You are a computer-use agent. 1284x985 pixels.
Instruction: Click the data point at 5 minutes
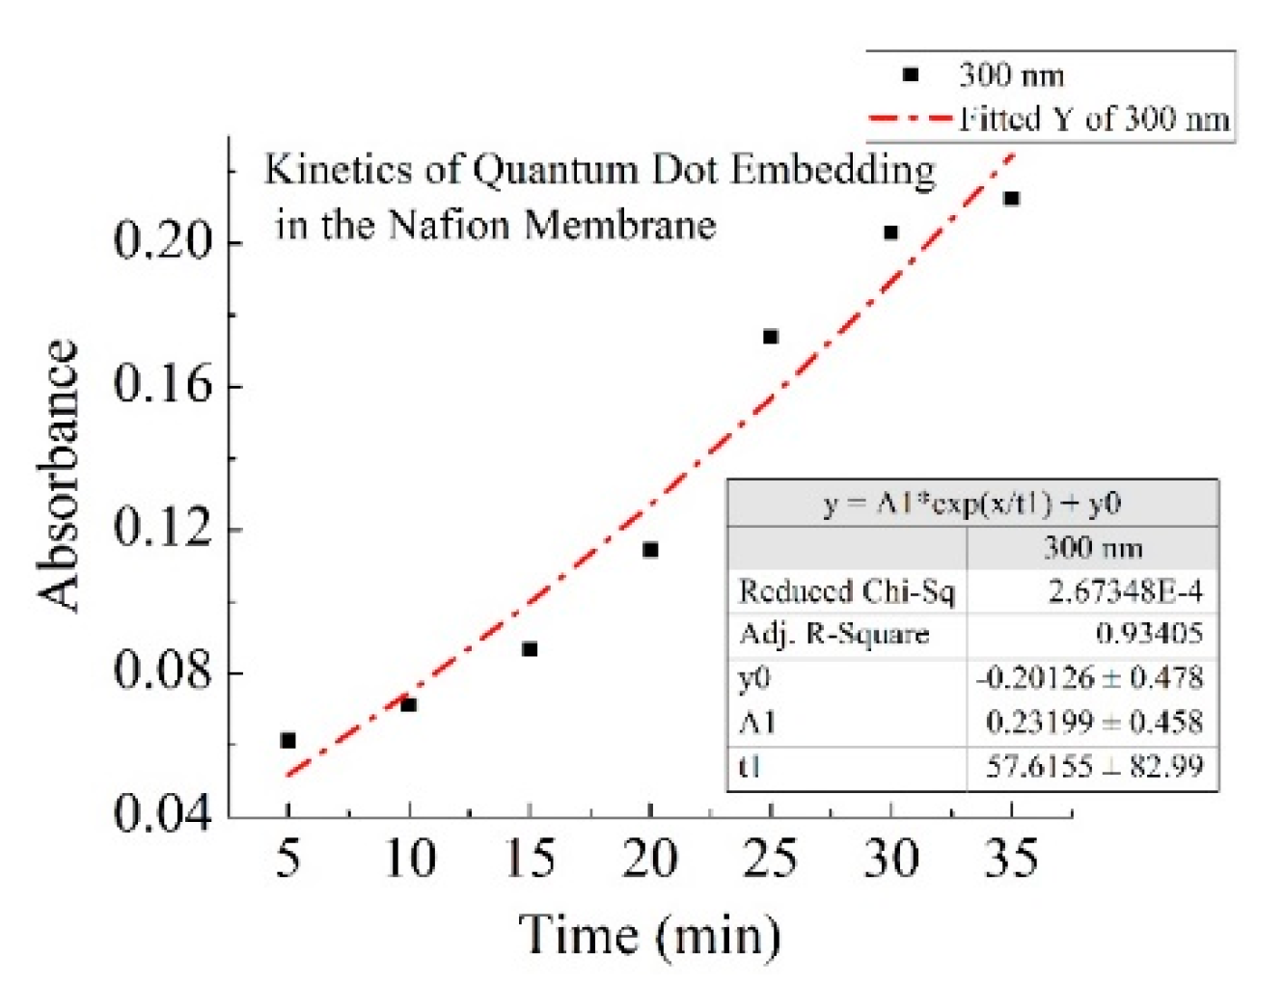[287, 740]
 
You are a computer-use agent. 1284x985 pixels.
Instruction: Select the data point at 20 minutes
[650, 550]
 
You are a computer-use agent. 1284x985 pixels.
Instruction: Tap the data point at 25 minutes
[771, 337]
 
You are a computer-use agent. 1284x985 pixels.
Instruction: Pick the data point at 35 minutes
[1011, 199]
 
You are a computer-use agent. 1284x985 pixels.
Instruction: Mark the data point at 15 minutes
[530, 649]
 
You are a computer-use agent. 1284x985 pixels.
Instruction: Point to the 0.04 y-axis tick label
[162, 812]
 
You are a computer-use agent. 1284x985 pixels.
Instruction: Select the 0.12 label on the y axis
[162, 528]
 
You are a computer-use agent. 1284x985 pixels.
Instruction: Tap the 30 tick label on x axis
[890, 858]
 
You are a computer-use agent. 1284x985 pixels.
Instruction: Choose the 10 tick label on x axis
[409, 858]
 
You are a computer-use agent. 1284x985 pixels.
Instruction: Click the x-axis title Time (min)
[650, 935]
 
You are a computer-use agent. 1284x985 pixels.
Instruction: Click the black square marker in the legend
[910, 75]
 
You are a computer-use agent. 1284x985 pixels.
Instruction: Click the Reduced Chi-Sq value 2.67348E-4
[1126, 590]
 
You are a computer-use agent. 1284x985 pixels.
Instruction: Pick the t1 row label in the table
[750, 767]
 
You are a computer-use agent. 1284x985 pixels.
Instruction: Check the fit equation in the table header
[971, 504]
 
